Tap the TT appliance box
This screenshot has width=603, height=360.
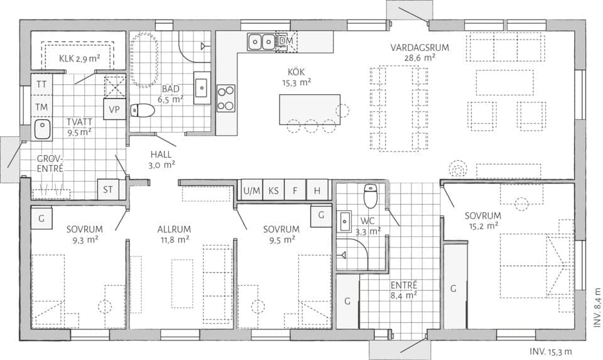click(42, 84)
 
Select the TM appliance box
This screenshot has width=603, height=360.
click(42, 107)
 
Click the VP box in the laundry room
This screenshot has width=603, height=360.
click(114, 109)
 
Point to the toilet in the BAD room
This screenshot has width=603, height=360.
click(143, 111)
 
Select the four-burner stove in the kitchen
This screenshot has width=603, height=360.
click(226, 98)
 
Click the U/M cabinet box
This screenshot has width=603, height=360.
click(251, 190)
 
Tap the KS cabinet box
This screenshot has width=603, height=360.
click(274, 190)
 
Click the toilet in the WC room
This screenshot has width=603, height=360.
click(371, 195)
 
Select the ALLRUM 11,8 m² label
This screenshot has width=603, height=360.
click(174, 234)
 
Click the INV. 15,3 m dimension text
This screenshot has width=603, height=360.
click(551, 352)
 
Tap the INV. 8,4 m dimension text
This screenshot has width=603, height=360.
click(596, 307)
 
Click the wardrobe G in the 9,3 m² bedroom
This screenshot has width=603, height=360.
click(41, 217)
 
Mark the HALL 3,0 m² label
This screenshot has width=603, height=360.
click(161, 159)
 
